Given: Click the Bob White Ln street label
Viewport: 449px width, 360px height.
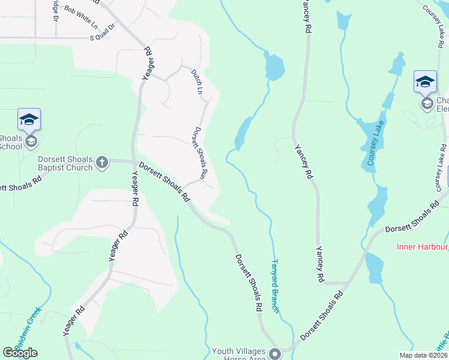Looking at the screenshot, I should [80, 19].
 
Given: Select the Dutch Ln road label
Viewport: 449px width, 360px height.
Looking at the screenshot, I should [197, 82].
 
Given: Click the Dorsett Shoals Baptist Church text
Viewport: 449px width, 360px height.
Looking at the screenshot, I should [65, 163].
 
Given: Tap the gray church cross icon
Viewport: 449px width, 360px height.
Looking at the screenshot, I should [102, 161].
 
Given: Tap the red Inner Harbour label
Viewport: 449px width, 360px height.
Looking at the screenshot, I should [423, 247].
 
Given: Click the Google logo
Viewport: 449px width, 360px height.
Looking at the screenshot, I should [20, 353].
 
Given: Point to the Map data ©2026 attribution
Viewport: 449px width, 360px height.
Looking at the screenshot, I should [424, 355].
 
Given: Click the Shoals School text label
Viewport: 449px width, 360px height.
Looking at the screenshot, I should [11, 142].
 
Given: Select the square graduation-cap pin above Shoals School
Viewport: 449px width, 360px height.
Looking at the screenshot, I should [29, 119].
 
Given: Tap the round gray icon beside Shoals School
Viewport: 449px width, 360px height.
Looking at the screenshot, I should [31, 142].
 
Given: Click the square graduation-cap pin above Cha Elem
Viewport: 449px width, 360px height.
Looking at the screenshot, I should [425, 82].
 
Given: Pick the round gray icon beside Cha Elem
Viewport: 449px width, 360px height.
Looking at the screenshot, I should [427, 104].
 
